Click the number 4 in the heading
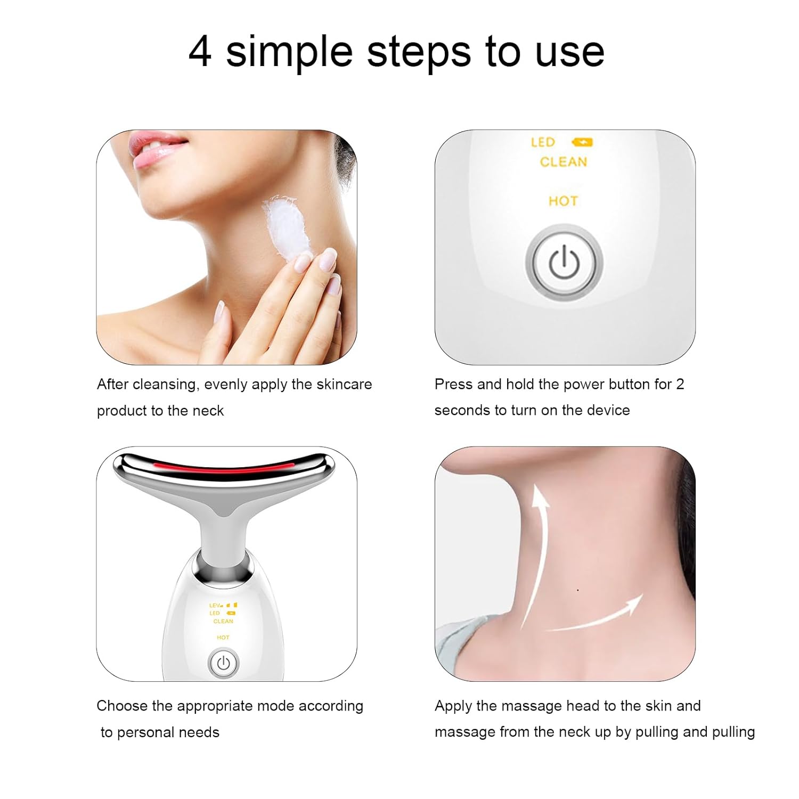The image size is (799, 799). (x=200, y=52)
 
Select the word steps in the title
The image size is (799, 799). (x=419, y=53)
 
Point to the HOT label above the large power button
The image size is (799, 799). (x=563, y=201)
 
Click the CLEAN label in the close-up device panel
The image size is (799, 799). (x=563, y=162)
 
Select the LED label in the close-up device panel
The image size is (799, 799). (x=543, y=142)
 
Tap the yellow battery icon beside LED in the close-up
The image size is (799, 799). (x=582, y=142)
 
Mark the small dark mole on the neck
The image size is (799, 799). (x=578, y=590)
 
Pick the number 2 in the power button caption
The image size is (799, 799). (x=680, y=384)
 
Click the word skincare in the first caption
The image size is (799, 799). (x=344, y=385)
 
